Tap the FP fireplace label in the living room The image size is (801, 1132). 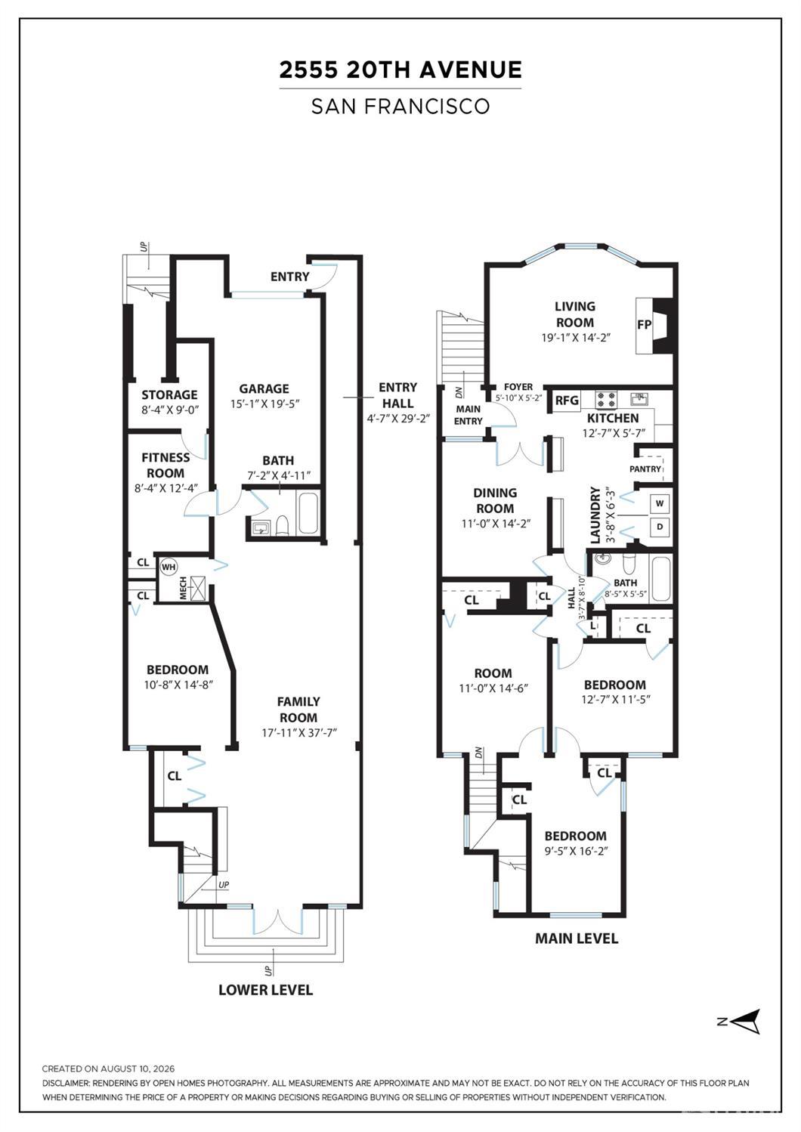click(645, 325)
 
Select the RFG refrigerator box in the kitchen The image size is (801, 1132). click(567, 401)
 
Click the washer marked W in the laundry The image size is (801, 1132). click(660, 503)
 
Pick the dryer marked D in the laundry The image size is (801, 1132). click(660, 527)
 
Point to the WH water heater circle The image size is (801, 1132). click(169, 567)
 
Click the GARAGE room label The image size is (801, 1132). click(264, 388)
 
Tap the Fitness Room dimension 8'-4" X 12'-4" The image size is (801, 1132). click(165, 487)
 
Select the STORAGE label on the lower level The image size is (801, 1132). click(169, 394)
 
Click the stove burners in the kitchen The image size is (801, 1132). click(606, 399)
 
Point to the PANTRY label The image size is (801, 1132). click(645, 469)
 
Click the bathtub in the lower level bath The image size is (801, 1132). click(308, 513)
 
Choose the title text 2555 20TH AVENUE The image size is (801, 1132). click(400, 70)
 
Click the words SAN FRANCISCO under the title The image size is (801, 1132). click(400, 106)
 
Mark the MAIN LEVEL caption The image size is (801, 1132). click(577, 939)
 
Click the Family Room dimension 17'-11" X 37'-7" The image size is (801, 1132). click(299, 733)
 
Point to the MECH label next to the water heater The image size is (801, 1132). click(183, 588)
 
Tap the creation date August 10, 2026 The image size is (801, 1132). click(138, 1069)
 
